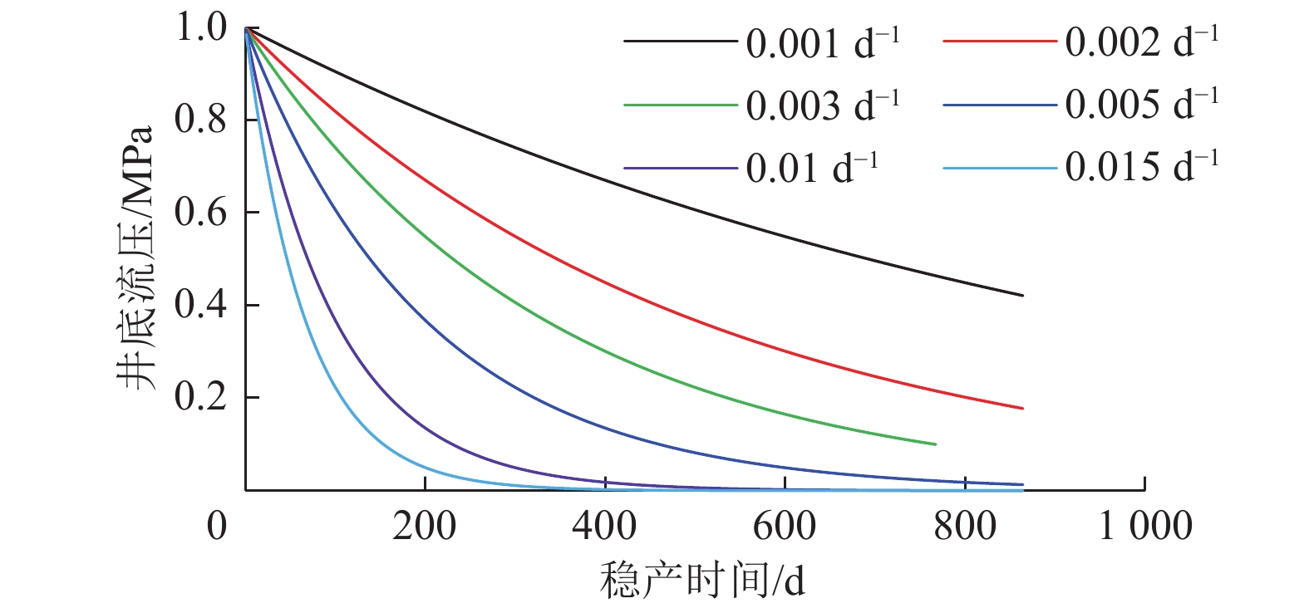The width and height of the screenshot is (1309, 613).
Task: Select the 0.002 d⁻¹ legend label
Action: pyautogui.click(x=1141, y=42)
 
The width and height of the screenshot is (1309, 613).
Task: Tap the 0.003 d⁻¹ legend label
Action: pyautogui.click(x=822, y=105)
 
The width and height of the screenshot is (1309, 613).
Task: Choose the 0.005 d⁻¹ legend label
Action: pyautogui.click(x=1141, y=105)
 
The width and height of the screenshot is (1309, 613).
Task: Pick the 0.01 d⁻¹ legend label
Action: pyautogui.click(x=811, y=167)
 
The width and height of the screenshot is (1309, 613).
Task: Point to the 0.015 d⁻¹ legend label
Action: pyautogui.click(x=1141, y=167)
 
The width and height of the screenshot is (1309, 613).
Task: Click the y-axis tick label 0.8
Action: pyautogui.click(x=200, y=120)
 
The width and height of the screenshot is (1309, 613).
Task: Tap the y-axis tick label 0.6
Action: pyautogui.click(x=200, y=212)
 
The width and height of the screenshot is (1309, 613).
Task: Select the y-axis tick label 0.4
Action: pyautogui.click(x=200, y=305)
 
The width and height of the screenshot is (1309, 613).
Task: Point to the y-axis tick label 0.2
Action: pyautogui.click(x=200, y=397)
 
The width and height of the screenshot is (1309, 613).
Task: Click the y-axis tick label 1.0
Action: pyautogui.click(x=200, y=27)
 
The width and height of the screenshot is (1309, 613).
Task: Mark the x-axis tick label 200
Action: pyautogui.click(x=425, y=526)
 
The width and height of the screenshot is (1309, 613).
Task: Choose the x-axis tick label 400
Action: pyautogui.click(x=604, y=526)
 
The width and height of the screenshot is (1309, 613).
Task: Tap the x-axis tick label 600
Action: pyautogui.click(x=785, y=526)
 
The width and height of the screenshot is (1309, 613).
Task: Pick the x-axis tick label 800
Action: pyautogui.click(x=964, y=526)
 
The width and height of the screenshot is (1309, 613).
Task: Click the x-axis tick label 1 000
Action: pyautogui.click(x=1145, y=526)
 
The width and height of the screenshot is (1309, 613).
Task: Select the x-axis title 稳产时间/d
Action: pyautogui.click(x=702, y=581)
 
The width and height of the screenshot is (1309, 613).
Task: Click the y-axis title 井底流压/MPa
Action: pyautogui.click(x=135, y=257)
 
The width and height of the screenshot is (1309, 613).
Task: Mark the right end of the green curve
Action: pyautogui.click(x=936, y=444)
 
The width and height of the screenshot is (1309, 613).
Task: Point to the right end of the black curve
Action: pyautogui.click(x=1022, y=296)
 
